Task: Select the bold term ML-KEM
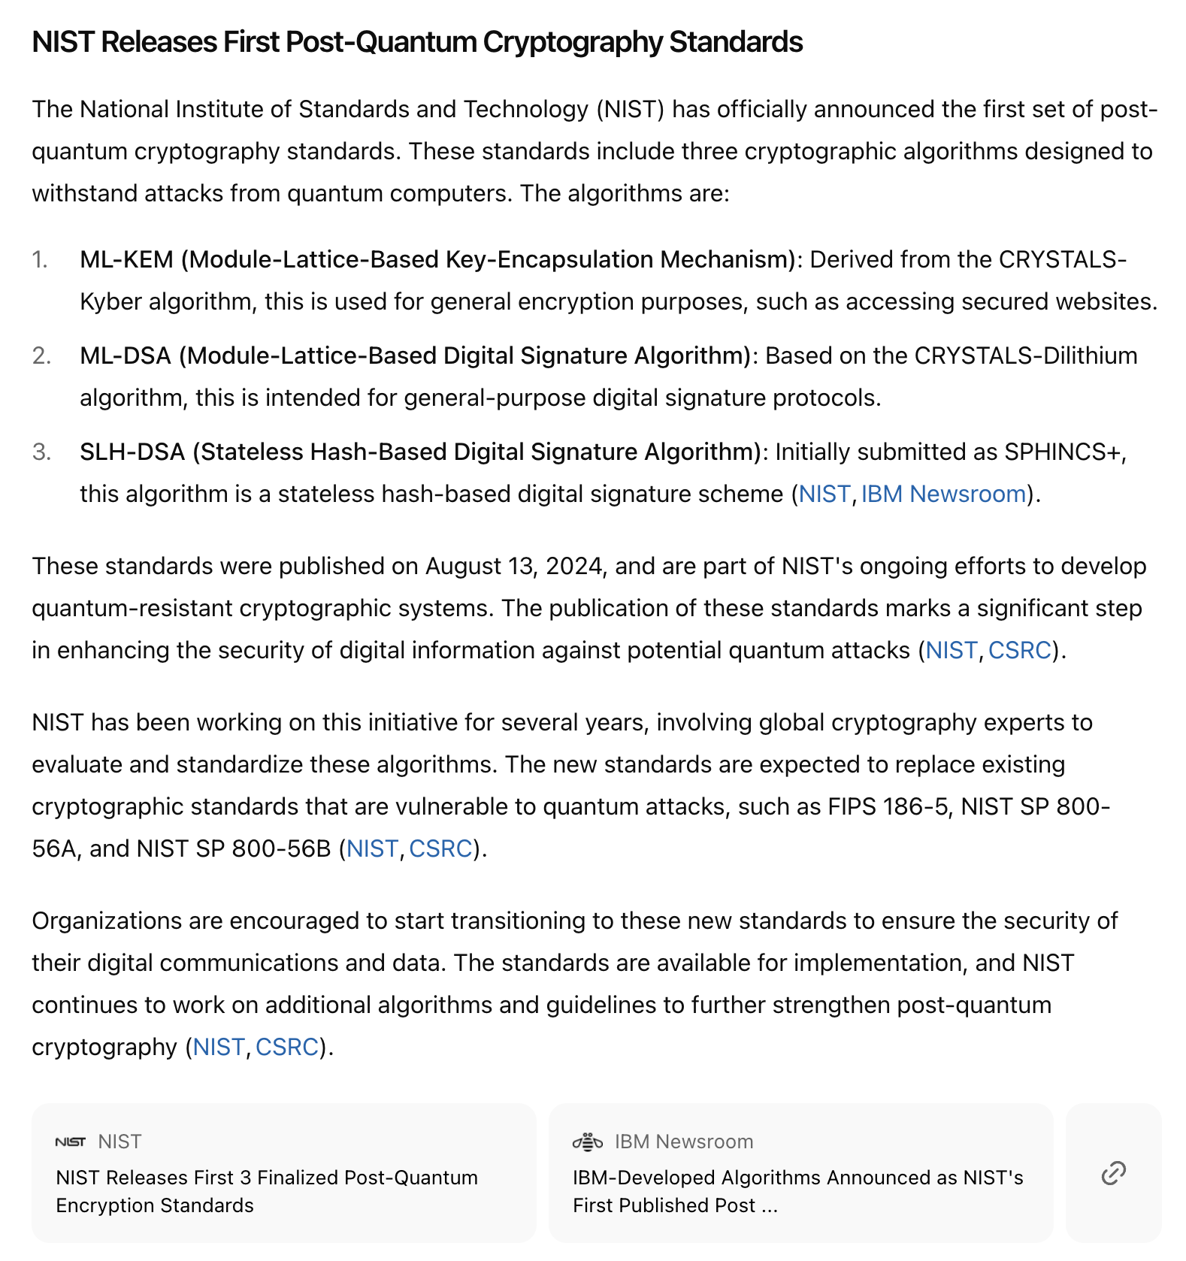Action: [x=126, y=259]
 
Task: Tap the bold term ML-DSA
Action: [x=126, y=355]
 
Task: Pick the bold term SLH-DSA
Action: [x=132, y=452]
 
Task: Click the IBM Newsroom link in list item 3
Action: [x=943, y=494]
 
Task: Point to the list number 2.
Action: [x=41, y=355]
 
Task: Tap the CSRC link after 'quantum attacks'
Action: [x=1019, y=650]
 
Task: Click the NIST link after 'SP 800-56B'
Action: [x=372, y=848]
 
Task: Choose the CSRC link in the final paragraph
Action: [x=287, y=1047]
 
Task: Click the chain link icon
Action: [x=1113, y=1172]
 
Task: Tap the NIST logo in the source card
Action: [x=71, y=1142]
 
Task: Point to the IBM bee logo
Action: [x=588, y=1142]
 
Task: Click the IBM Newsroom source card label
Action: [x=683, y=1142]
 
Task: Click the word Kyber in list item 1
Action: [x=111, y=301]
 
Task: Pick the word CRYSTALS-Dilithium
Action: [x=1025, y=355]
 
